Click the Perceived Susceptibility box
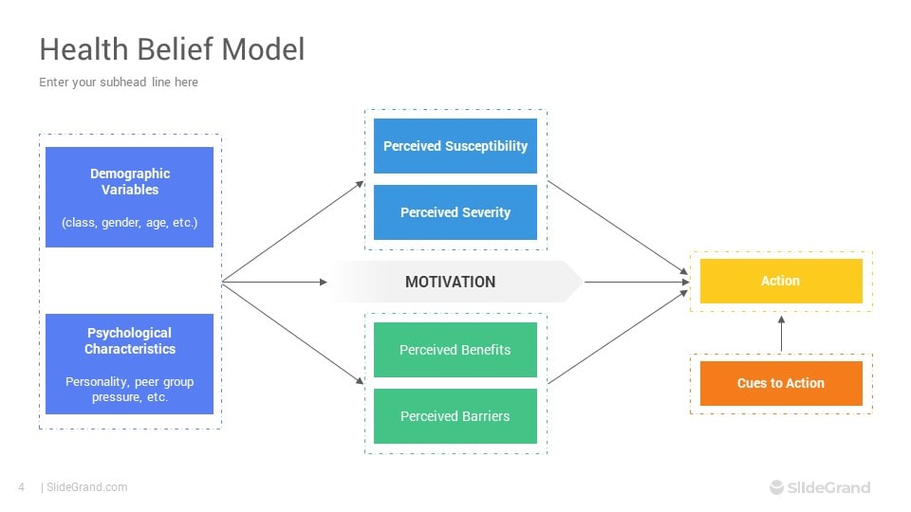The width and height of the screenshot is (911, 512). click(x=455, y=146)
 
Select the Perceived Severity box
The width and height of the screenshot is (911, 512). click(x=455, y=211)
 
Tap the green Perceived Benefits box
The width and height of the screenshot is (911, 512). click(x=455, y=350)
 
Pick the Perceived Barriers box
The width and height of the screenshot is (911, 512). click(x=455, y=415)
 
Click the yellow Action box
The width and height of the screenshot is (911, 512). click(x=781, y=281)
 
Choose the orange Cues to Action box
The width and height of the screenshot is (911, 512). click(x=781, y=383)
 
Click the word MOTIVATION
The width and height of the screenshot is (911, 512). click(x=450, y=283)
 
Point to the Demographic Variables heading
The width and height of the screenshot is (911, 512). click(x=130, y=182)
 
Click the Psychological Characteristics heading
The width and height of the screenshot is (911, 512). click(x=130, y=340)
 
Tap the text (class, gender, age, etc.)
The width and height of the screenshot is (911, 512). click(x=130, y=222)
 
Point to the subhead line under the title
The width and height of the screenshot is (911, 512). click(x=119, y=82)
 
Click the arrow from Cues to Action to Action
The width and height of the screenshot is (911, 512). click(x=781, y=333)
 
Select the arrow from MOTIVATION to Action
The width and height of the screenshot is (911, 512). click(x=637, y=283)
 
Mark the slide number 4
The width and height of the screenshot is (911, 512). click(x=22, y=487)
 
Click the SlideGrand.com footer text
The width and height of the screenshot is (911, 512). click(x=86, y=487)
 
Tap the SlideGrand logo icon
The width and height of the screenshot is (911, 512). click(x=777, y=487)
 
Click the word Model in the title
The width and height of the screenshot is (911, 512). click(x=263, y=48)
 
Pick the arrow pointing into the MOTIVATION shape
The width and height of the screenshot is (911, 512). click(x=275, y=283)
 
